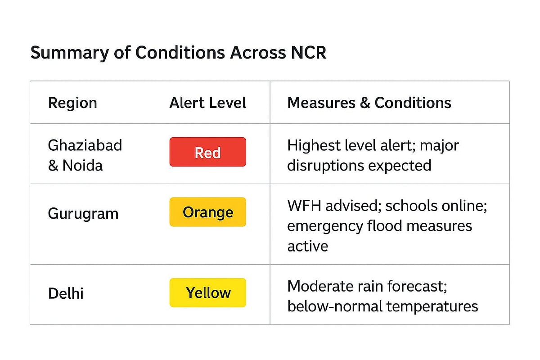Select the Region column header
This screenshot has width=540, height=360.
click(x=72, y=103)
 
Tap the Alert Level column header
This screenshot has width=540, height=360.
click(x=207, y=103)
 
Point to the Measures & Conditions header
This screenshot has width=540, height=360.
click(x=369, y=103)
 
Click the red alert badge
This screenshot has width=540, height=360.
click(x=207, y=152)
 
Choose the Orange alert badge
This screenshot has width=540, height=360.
click(x=207, y=212)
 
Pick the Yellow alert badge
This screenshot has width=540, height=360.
click(x=207, y=293)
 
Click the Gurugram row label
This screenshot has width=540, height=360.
click(x=83, y=213)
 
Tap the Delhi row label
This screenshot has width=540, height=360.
click(x=66, y=294)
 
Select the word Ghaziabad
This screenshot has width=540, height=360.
click(x=85, y=145)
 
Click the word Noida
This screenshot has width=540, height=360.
click(x=82, y=166)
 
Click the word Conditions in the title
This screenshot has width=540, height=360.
click(x=180, y=53)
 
